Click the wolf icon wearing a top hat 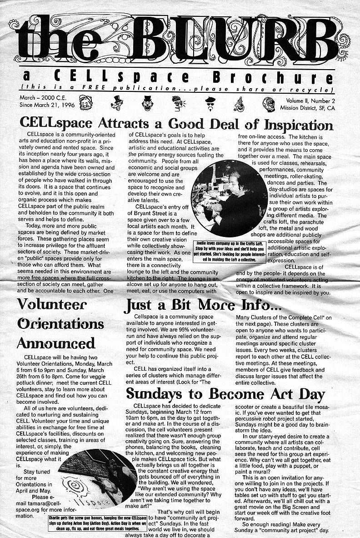coord(117,103)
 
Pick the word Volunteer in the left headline coord(52,304)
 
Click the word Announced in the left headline coord(56,342)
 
